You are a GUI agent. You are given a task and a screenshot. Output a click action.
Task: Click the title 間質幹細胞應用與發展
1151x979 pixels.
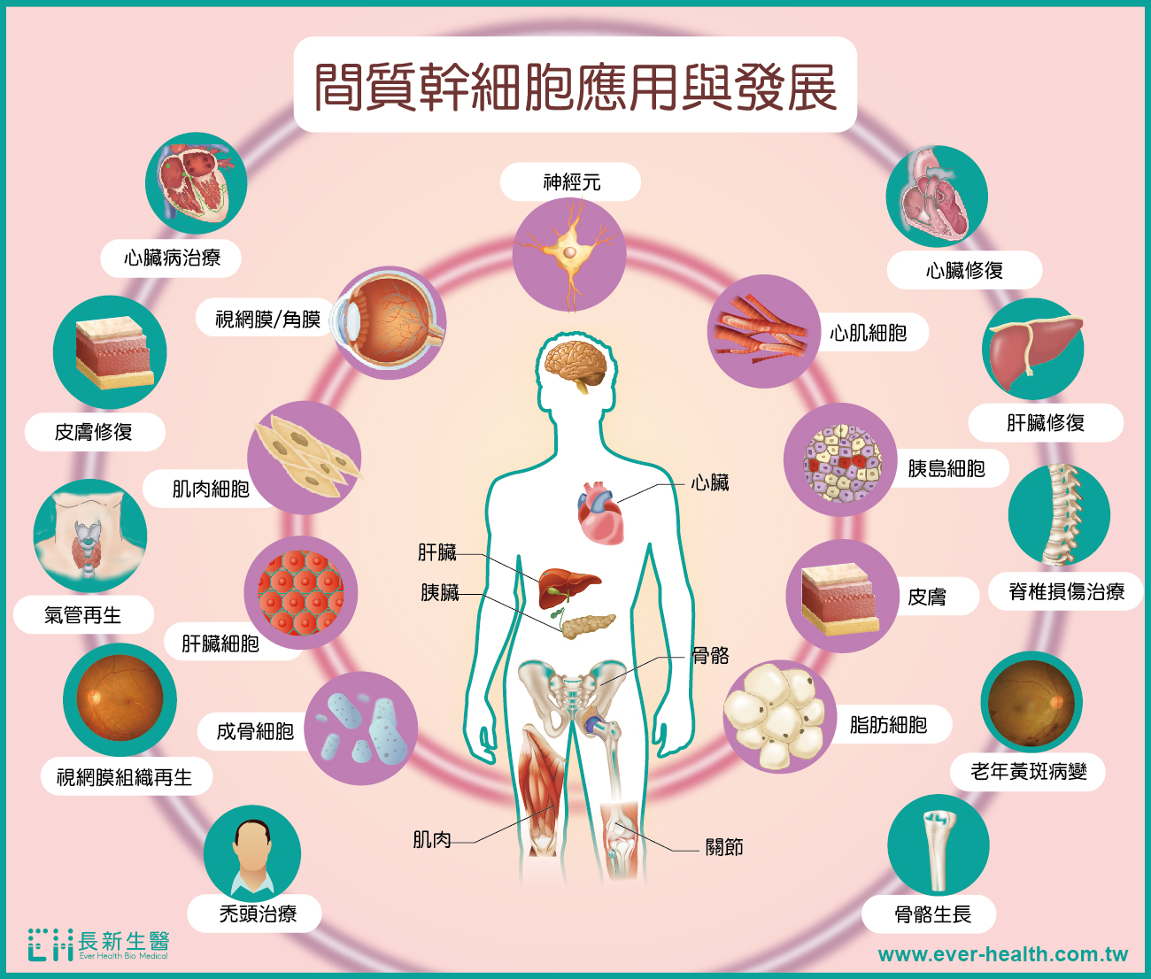(575, 87)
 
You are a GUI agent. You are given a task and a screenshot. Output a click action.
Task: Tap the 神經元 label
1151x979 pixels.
(572, 182)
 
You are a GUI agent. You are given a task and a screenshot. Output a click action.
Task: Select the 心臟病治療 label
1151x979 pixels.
(172, 258)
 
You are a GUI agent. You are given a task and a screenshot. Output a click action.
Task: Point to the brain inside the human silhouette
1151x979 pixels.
(575, 365)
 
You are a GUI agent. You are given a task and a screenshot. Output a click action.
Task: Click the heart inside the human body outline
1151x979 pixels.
(600, 513)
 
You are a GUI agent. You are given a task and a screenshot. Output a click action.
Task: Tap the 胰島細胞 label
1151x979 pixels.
(946, 468)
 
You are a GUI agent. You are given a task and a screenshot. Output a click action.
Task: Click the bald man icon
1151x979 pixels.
(252, 853)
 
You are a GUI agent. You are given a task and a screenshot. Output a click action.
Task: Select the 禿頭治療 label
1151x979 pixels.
(258, 913)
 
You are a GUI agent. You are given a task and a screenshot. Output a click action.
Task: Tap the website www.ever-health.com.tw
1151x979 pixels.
(1003, 954)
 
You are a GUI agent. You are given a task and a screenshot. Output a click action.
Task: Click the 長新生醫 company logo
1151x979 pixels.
(98, 944)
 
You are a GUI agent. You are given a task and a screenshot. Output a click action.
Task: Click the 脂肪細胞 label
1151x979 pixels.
(888, 724)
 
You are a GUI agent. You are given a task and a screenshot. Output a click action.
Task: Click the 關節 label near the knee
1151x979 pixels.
(724, 847)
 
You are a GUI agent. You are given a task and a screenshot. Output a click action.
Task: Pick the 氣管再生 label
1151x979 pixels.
(83, 615)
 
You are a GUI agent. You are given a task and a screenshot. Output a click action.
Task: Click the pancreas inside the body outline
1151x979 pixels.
(589, 626)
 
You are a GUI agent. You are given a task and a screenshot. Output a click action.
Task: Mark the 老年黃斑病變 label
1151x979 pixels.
(1028, 772)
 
